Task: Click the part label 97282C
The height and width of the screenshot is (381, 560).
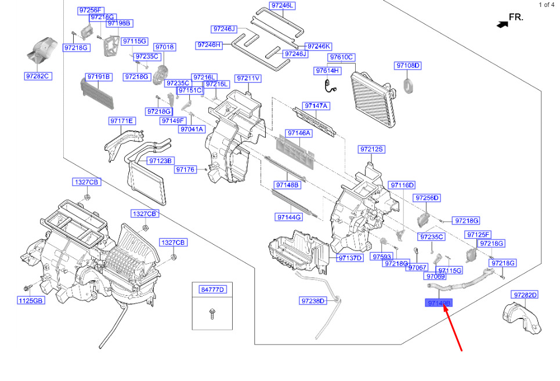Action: click(38, 77)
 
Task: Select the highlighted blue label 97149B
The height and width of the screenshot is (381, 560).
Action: click(439, 303)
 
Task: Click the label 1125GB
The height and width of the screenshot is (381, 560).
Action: click(30, 300)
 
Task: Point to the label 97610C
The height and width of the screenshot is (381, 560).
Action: click(342, 57)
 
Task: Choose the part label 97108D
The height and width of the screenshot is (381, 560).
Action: click(408, 66)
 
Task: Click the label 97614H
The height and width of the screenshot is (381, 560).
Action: click(328, 71)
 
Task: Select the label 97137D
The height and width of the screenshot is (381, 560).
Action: click(351, 258)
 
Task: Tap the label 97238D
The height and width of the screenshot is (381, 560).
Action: click(314, 300)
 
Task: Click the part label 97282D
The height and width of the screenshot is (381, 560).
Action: click(525, 295)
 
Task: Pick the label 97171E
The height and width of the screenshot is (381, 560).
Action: click(121, 121)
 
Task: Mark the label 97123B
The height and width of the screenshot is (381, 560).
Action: click(160, 161)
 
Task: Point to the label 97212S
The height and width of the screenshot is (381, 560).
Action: click(372, 149)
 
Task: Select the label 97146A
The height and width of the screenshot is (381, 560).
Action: click(299, 133)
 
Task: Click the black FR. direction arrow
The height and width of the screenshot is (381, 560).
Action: click(501, 24)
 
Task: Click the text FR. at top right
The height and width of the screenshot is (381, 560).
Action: click(516, 17)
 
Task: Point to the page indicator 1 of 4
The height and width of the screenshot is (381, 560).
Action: click(546, 5)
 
